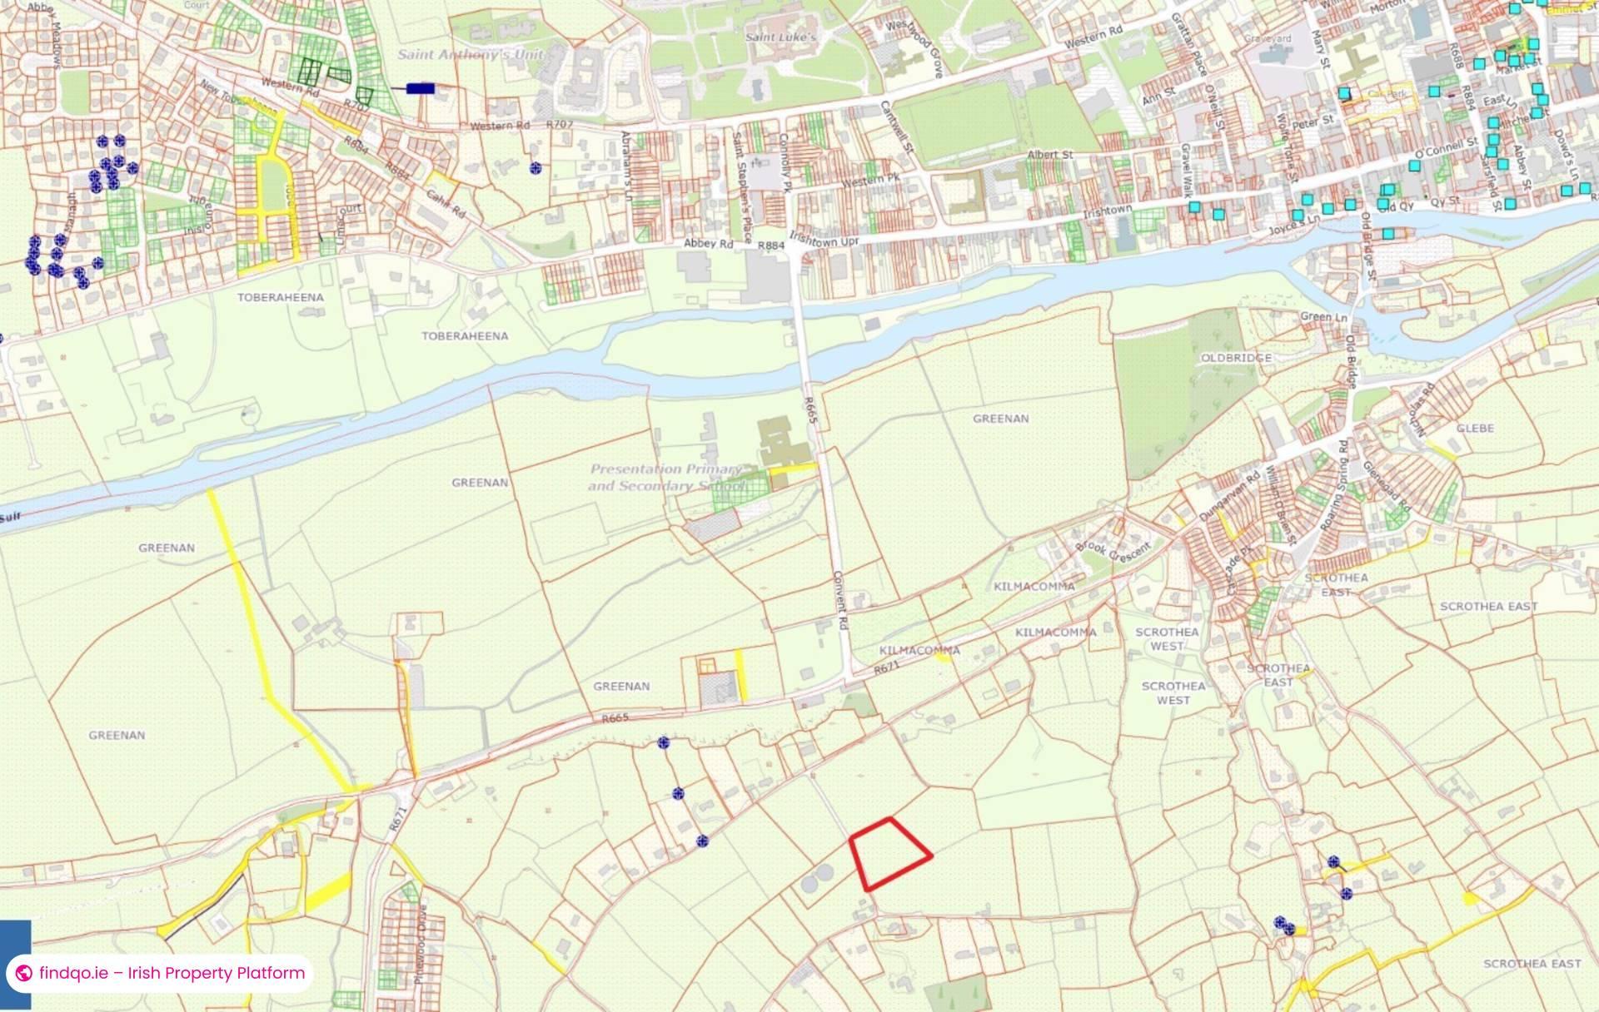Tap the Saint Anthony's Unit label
pyautogui.click(x=471, y=55)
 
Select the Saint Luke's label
pyautogui.click(x=780, y=37)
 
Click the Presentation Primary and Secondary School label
pyautogui.click(x=666, y=478)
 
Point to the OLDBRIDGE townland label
pyautogui.click(x=1236, y=358)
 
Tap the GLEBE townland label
pyautogui.click(x=1475, y=428)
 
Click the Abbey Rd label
pyautogui.click(x=708, y=244)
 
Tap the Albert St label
pyautogui.click(x=1049, y=155)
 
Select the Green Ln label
pyautogui.click(x=1323, y=317)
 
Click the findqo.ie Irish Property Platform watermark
pyautogui.click(x=162, y=973)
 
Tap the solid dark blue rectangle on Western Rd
pyautogui.click(x=421, y=87)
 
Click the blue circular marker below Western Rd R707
pyautogui.click(x=535, y=168)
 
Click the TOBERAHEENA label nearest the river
pyautogui.click(x=465, y=336)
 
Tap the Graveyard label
pyautogui.click(x=1268, y=38)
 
